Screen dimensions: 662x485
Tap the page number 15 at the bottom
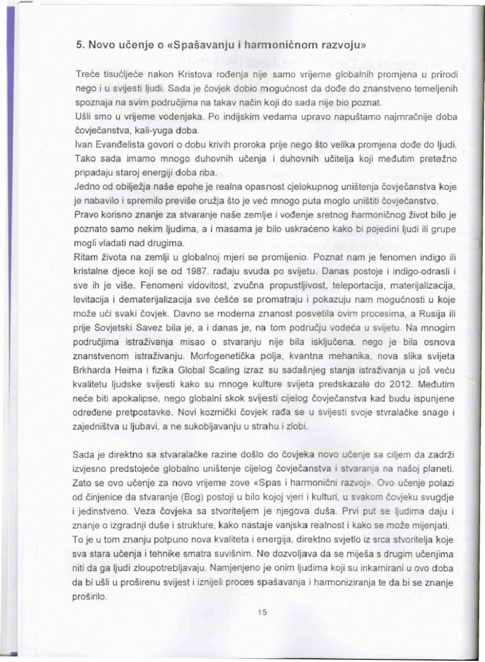[x=262, y=626]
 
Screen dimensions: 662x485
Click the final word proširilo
[x=92, y=597]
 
